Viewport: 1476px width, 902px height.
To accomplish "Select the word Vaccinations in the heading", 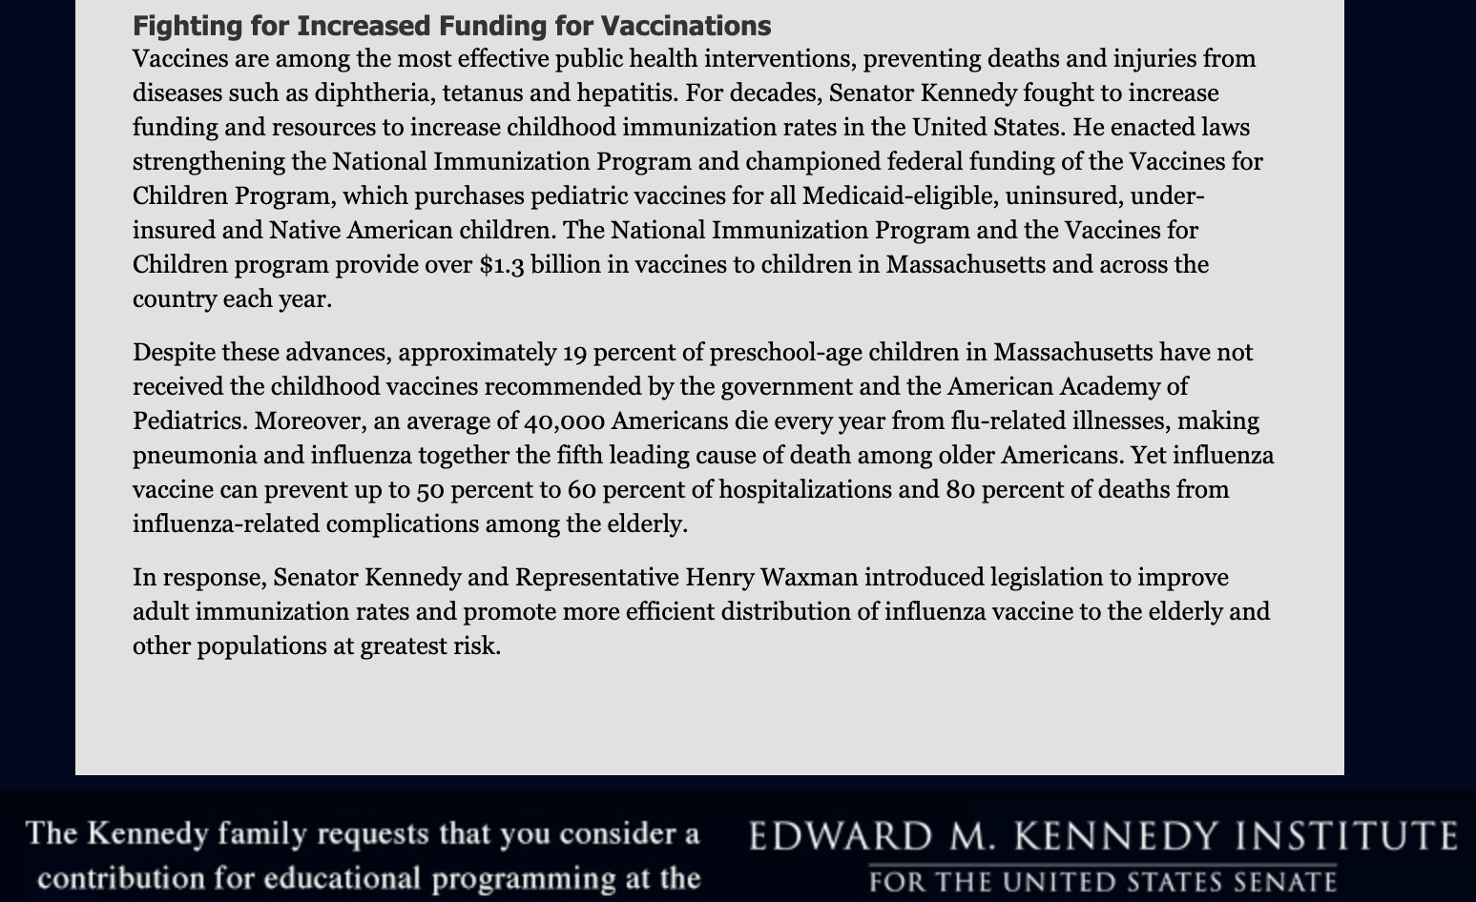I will click(686, 26).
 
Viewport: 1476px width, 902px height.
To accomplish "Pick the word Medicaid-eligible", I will click(881, 196).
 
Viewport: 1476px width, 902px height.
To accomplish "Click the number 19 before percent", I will click(574, 353).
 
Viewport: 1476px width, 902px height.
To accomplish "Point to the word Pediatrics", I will click(189, 421).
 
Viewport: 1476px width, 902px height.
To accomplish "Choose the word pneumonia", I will click(193, 456).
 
